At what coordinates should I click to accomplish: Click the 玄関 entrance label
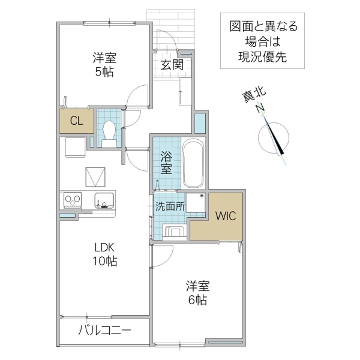[172, 65]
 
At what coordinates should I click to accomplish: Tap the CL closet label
[76, 121]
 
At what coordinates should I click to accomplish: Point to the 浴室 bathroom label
[166, 161]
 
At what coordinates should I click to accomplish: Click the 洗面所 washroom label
[170, 206]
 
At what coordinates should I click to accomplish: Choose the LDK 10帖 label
[104, 254]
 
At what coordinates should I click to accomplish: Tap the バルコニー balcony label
[104, 331]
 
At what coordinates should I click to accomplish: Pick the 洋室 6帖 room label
[197, 292]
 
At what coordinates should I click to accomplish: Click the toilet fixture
[109, 130]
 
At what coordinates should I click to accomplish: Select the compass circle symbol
[274, 137]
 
